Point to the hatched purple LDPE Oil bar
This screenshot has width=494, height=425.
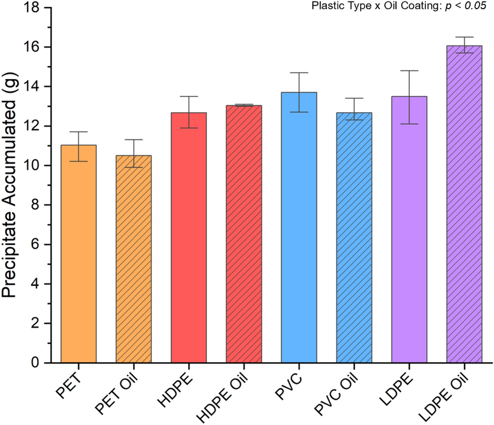click(x=464, y=204)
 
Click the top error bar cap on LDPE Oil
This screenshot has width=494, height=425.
click(x=464, y=37)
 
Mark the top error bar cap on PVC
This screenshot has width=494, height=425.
click(x=299, y=73)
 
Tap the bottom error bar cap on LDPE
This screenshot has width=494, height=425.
click(x=409, y=124)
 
